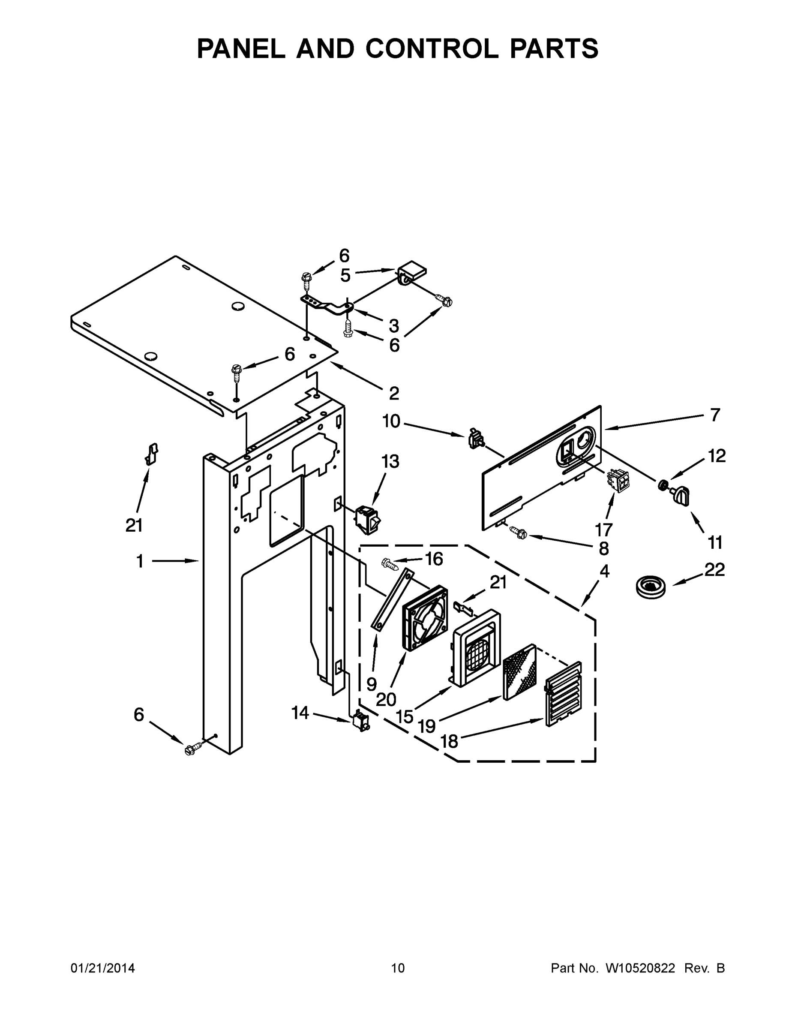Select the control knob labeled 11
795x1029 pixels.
point(680,495)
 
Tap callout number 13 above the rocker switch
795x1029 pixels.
point(390,462)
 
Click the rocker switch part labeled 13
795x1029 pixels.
point(369,520)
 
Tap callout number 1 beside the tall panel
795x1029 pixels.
point(140,561)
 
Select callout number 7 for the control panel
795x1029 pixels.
point(715,415)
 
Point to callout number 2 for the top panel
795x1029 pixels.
point(394,393)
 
